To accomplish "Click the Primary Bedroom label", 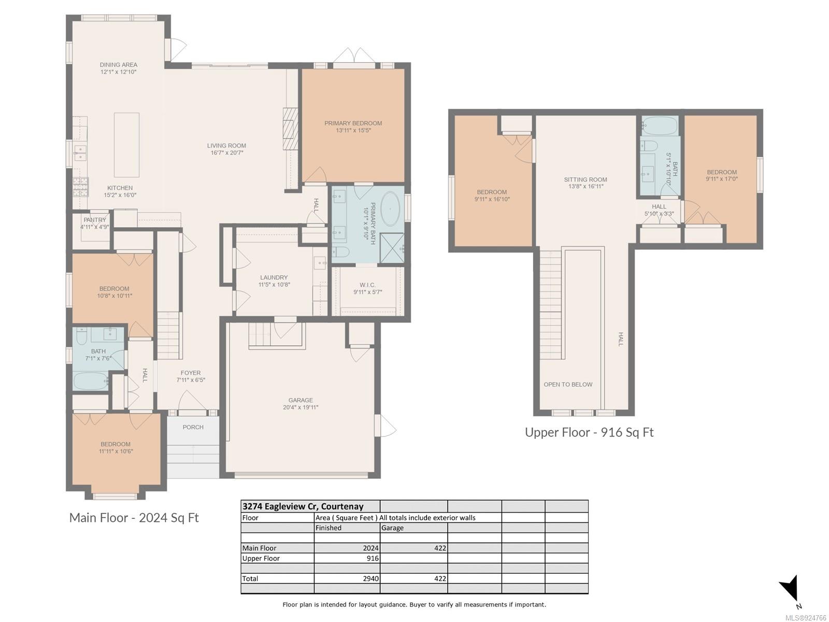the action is [x=353, y=123].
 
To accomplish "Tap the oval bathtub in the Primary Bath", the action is [x=390, y=209].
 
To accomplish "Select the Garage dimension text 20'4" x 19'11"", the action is [x=301, y=407].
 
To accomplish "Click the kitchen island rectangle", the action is [x=126, y=145].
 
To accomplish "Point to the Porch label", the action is [x=193, y=427].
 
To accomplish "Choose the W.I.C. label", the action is [x=367, y=285].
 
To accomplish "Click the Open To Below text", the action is [x=568, y=385].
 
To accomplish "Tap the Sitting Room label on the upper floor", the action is [x=586, y=179].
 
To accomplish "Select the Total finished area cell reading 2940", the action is [x=371, y=578].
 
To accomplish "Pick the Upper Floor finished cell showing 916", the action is [x=373, y=558].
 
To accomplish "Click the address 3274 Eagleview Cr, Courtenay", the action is [x=303, y=506].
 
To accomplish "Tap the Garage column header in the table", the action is [x=392, y=528].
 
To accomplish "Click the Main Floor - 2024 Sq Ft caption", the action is [x=134, y=517].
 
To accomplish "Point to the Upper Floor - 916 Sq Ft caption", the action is [x=589, y=432].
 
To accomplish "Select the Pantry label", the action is [x=95, y=220].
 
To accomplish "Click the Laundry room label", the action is [x=274, y=277].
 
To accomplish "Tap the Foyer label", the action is [x=190, y=373].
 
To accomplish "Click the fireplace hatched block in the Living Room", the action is [x=290, y=129].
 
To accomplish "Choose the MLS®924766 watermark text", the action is [x=806, y=618].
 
